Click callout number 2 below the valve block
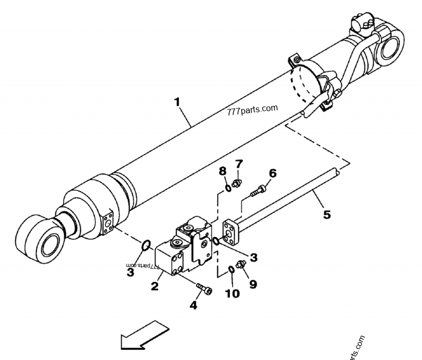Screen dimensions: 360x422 [x=154, y=287]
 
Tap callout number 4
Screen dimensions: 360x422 [x=194, y=305]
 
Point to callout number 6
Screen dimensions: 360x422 [x=272, y=173]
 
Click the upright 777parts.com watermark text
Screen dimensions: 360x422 [x=251, y=110]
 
